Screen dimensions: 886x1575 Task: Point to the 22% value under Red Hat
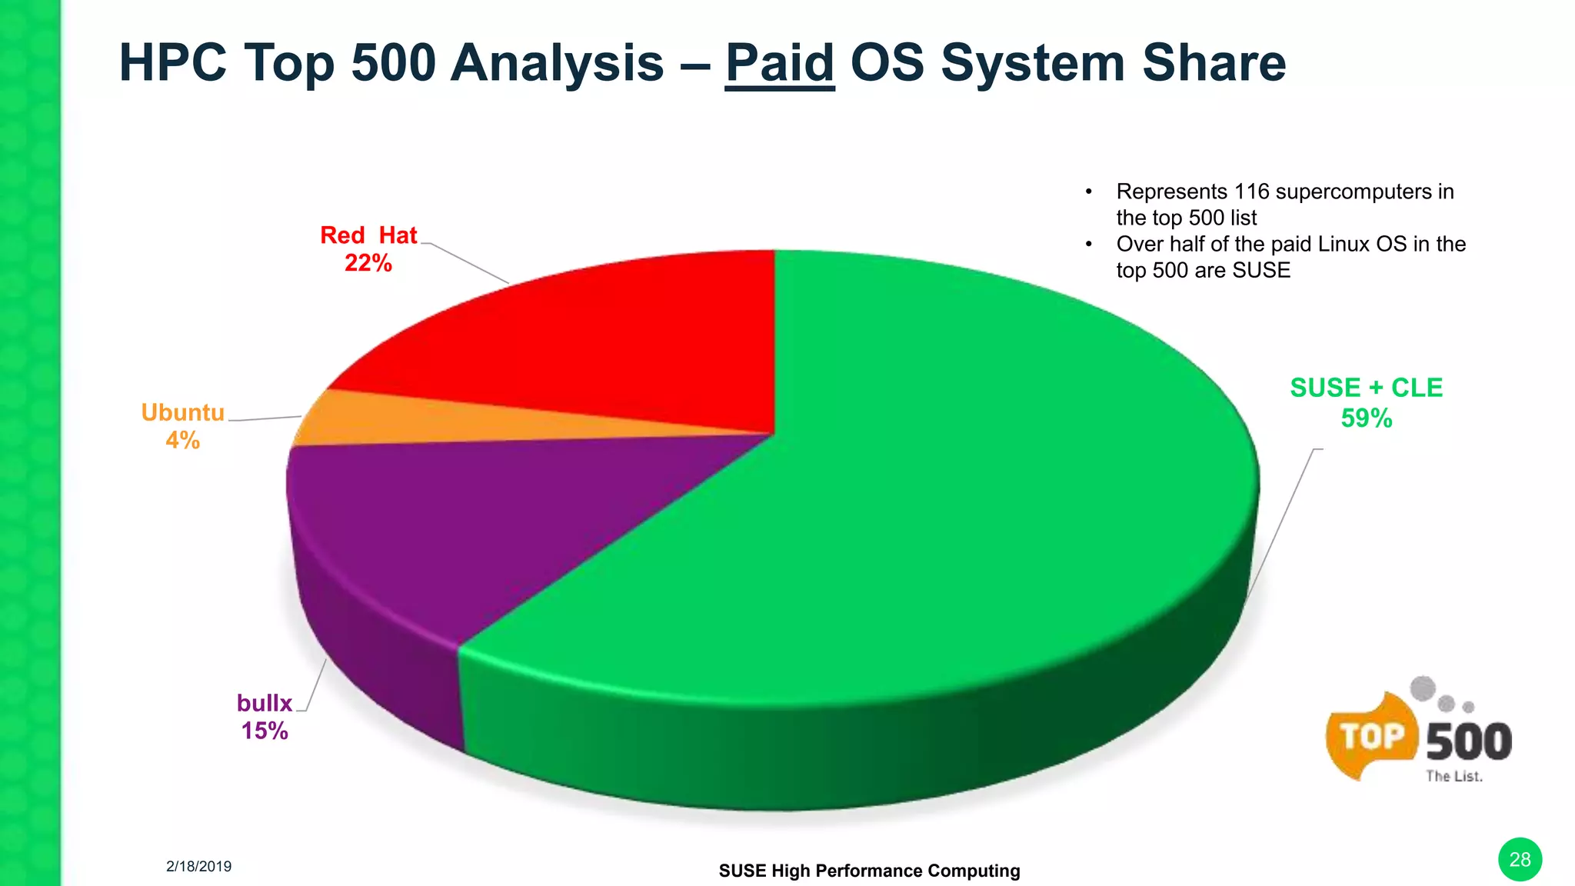coord(368,263)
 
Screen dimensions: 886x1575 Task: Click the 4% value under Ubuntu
coord(182,440)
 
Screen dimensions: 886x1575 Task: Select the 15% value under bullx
coord(265,730)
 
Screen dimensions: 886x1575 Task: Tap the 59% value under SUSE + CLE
coord(1366,418)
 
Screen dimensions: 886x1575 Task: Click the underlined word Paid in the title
coord(779,63)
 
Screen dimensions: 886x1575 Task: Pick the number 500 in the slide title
coord(393,63)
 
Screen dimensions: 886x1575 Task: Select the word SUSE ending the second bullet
coord(1261,271)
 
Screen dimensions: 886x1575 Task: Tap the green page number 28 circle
coord(1520,859)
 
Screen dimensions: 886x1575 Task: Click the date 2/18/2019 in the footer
coord(198,866)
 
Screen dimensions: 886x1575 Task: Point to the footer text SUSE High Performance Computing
coord(869,871)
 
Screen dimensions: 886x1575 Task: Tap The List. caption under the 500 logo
coord(1453,777)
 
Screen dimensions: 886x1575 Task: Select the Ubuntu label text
coord(182,413)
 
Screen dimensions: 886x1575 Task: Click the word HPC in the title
coord(173,63)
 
